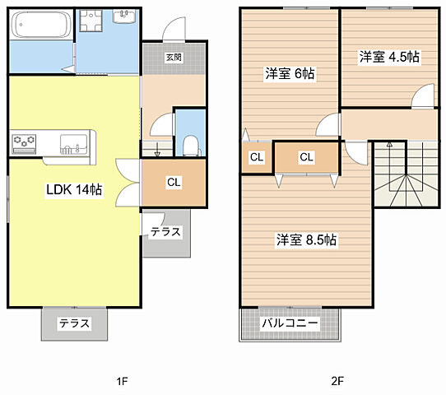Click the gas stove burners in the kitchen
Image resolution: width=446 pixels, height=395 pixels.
pyautogui.click(x=24, y=143)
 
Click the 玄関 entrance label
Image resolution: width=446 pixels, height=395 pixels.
pyautogui.click(x=174, y=58)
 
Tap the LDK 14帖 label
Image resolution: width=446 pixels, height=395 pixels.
pyautogui.click(x=74, y=189)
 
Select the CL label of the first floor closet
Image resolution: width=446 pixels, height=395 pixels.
pyautogui.click(x=174, y=183)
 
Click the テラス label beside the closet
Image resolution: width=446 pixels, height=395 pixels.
pyautogui.click(x=165, y=232)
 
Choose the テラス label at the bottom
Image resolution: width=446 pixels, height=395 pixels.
pyautogui.click(x=74, y=323)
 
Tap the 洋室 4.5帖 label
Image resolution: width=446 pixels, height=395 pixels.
pyautogui.click(x=389, y=57)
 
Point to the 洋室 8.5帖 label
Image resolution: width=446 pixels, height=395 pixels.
pyautogui.click(x=306, y=240)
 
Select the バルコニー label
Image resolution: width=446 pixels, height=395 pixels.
pyautogui.click(x=290, y=323)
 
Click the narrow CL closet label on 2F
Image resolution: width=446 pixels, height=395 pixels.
pyautogui.click(x=256, y=156)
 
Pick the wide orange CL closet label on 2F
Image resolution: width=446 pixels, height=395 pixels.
pyautogui.click(x=306, y=156)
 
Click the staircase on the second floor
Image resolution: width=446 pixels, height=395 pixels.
pyautogui.click(x=406, y=175)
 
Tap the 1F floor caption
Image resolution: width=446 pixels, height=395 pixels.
pyautogui.click(x=122, y=381)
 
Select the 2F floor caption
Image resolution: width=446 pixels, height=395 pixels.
pyautogui.click(x=337, y=381)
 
